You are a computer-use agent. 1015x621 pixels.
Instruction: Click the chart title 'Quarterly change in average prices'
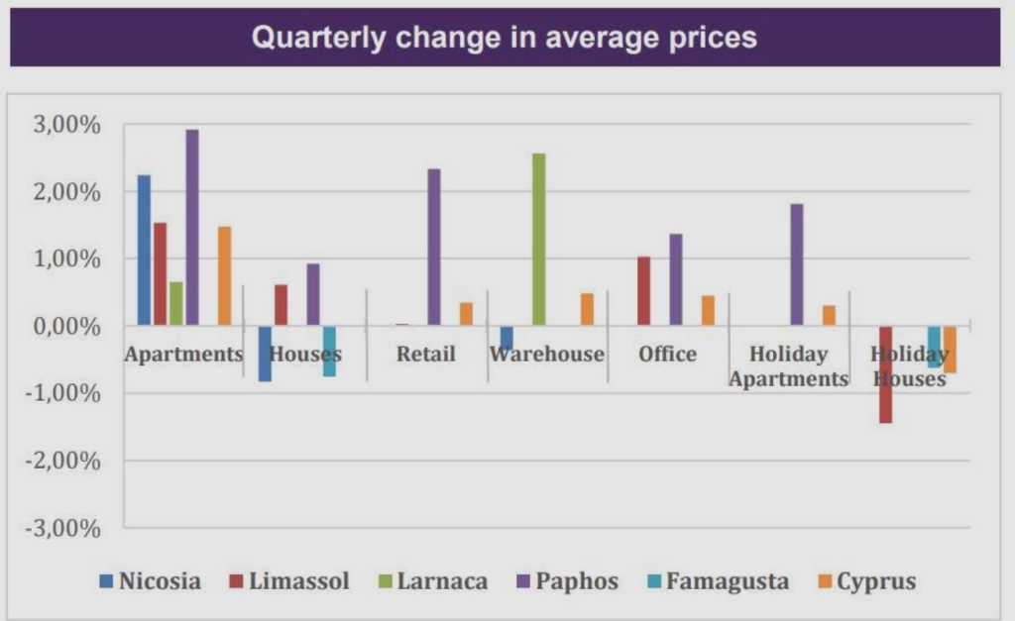coord(505,38)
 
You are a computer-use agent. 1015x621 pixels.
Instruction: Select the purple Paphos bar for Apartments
coord(192,227)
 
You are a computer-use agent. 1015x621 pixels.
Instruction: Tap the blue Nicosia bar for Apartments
coord(144,250)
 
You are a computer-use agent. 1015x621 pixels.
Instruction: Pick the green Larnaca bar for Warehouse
coord(539,239)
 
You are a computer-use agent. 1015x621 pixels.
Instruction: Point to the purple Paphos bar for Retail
coord(434,247)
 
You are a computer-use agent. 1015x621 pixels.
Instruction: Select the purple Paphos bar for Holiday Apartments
coord(797,264)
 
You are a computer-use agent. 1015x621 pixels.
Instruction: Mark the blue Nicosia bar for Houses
coord(265,354)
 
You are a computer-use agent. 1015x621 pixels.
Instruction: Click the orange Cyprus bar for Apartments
coord(224,275)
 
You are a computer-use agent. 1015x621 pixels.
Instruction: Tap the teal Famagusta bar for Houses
coord(329,351)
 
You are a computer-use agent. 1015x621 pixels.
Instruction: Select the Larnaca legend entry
coord(432,581)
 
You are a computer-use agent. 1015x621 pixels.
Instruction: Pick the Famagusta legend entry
coord(717,581)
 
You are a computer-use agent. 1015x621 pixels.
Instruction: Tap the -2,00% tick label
coord(64,462)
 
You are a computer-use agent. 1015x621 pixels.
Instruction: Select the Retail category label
coord(425,355)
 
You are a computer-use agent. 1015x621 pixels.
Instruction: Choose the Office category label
coord(667,355)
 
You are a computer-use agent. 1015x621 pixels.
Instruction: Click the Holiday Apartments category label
coord(789,366)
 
